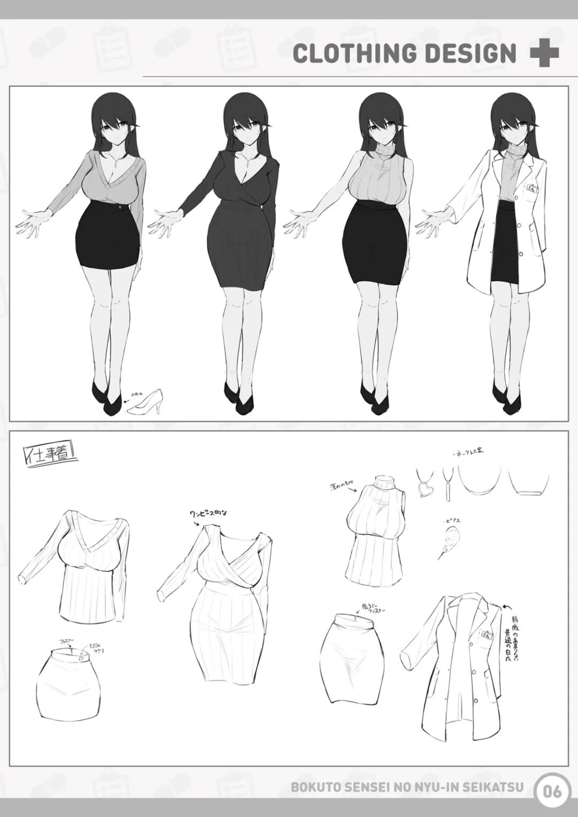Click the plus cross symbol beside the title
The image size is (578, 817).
(x=544, y=54)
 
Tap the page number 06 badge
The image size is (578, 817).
(x=552, y=790)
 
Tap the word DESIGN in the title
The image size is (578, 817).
(x=474, y=54)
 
